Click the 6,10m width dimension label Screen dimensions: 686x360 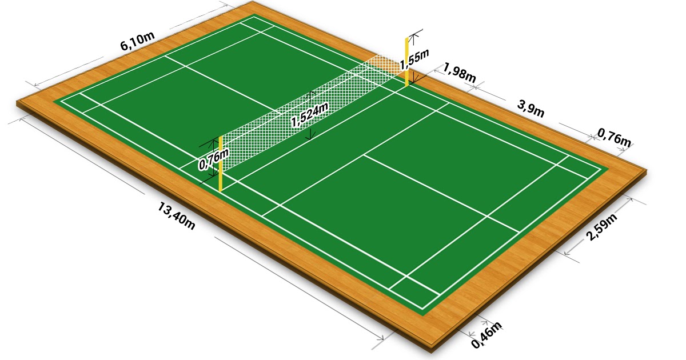click(x=137, y=43)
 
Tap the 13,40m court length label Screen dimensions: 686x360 click(x=177, y=216)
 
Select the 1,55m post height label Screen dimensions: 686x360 click(x=414, y=58)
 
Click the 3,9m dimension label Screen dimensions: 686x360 click(x=531, y=108)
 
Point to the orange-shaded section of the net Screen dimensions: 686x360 click(x=384, y=64)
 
